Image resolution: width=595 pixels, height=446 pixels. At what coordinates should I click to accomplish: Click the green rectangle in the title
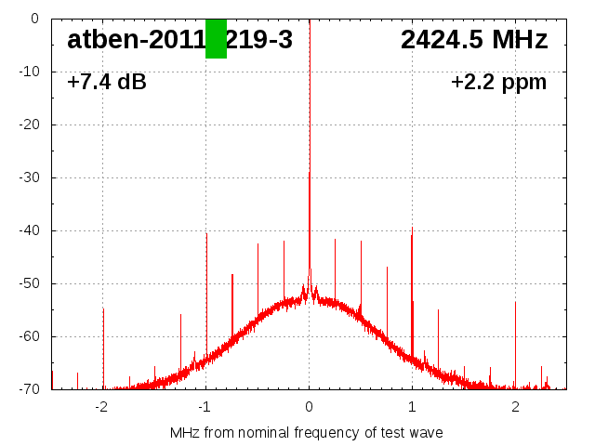pyautogui.click(x=216, y=38)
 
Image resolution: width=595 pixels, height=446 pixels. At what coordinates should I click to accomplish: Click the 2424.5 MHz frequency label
pyautogui.click(x=474, y=40)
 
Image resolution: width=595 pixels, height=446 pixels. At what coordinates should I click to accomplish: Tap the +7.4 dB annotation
pyautogui.click(x=107, y=83)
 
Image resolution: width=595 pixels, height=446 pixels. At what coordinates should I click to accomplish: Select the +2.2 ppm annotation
pyautogui.click(x=498, y=83)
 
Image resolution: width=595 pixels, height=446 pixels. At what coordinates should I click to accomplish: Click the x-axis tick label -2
pyautogui.click(x=101, y=407)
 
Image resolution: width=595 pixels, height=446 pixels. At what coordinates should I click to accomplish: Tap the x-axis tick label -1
pyautogui.click(x=205, y=407)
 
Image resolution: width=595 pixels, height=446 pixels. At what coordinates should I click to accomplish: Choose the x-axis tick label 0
pyautogui.click(x=309, y=407)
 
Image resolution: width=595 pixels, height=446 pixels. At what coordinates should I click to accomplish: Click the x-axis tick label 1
pyautogui.click(x=412, y=407)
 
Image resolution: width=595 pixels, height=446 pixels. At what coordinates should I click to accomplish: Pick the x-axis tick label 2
pyautogui.click(x=515, y=407)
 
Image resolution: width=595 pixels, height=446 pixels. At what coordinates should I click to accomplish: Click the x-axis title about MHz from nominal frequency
pyautogui.click(x=307, y=433)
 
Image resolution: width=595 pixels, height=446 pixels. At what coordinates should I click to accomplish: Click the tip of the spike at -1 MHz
pyautogui.click(x=206, y=233)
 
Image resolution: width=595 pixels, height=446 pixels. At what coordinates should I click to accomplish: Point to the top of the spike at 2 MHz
pyautogui.click(x=515, y=302)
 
